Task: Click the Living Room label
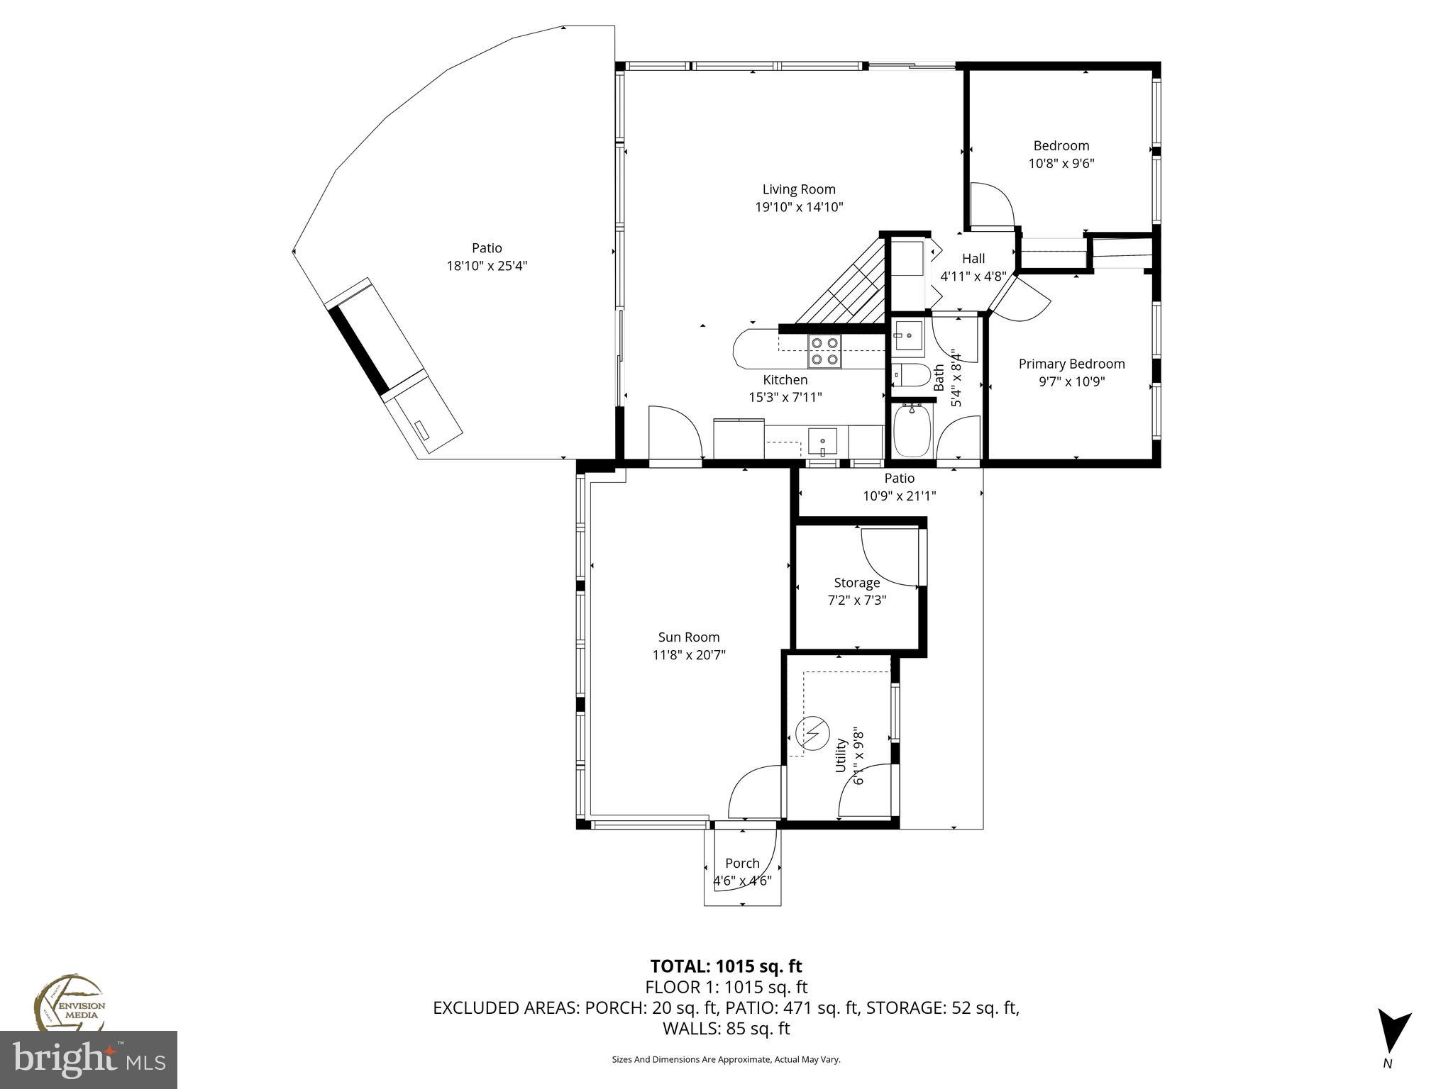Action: pyautogui.click(x=799, y=189)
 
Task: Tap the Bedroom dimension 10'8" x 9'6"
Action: pyautogui.click(x=1061, y=164)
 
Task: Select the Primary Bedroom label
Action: pyautogui.click(x=1071, y=364)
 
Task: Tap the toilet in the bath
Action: pyautogui.click(x=910, y=374)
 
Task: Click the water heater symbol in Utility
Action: pyautogui.click(x=813, y=732)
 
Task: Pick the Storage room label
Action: pyautogui.click(x=856, y=583)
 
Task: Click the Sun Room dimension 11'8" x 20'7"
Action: pyautogui.click(x=689, y=655)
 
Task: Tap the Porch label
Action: pyautogui.click(x=742, y=864)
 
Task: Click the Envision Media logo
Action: pyautogui.click(x=69, y=1003)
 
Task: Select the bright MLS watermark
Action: pyautogui.click(x=88, y=1060)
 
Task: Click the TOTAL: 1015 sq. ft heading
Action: pyautogui.click(x=726, y=966)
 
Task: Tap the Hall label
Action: pyautogui.click(x=973, y=259)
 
